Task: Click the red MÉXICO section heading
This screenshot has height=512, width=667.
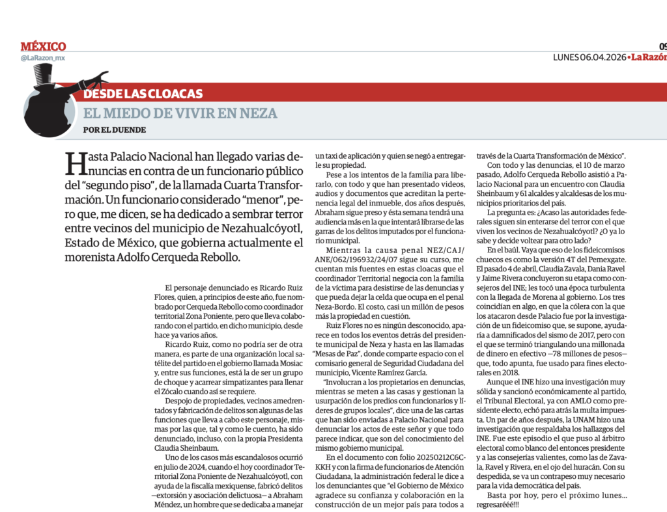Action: point(43,47)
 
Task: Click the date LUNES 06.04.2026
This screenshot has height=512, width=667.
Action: point(589,57)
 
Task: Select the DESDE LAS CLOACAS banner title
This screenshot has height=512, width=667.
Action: point(143,94)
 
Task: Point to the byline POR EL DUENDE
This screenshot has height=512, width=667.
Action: point(115,129)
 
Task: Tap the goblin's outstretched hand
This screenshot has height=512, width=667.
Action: point(98,79)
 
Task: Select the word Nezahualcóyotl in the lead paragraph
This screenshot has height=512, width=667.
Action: point(249,228)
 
